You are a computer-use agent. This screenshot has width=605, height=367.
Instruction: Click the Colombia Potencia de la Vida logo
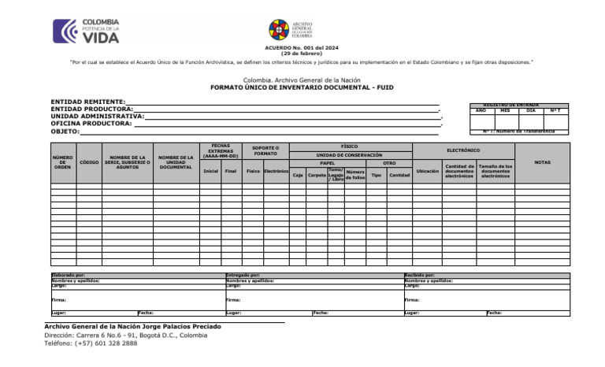[x=86, y=31]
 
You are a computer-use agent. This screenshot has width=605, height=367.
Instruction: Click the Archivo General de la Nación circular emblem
[x=279, y=30]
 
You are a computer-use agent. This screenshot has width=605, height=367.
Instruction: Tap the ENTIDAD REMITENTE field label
[x=87, y=102]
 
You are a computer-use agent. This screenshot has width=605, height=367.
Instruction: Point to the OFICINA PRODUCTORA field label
[x=91, y=124]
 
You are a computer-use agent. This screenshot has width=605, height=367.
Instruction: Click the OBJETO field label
[x=65, y=132]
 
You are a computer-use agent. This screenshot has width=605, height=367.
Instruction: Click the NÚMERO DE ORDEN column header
[x=63, y=162]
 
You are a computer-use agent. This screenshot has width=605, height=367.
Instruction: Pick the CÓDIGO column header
[x=89, y=162]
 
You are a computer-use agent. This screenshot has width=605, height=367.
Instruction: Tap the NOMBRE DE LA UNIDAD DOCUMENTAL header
[x=176, y=162]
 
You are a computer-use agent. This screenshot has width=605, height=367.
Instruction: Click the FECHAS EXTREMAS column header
[x=221, y=150]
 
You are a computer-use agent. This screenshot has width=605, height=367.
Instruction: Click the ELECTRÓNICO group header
[x=463, y=150]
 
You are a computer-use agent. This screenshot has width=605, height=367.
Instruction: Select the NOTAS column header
[x=542, y=162]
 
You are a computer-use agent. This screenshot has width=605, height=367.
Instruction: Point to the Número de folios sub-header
[x=354, y=175]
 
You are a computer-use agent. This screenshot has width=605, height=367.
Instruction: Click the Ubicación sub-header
[x=427, y=171]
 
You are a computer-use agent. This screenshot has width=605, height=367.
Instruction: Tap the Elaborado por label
[x=69, y=275]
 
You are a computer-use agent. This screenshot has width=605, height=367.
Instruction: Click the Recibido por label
[x=419, y=275]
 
